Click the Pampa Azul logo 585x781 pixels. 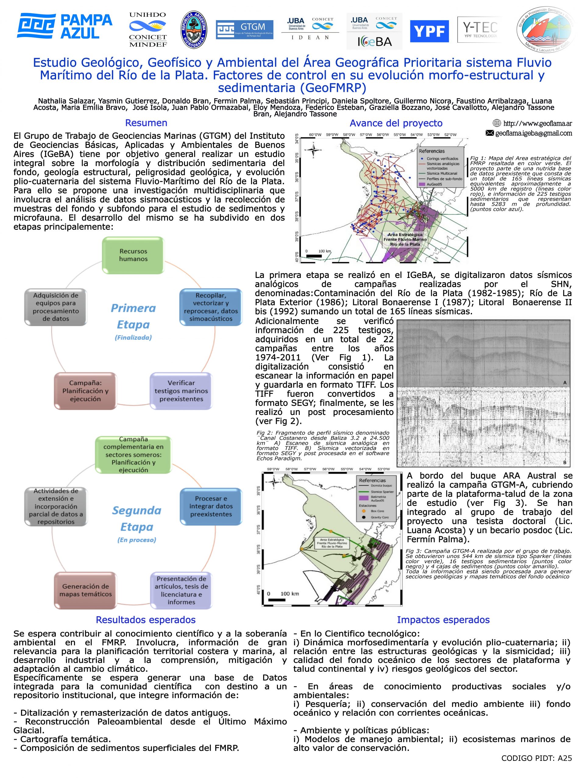coord(65,26)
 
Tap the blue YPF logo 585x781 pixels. coord(429,31)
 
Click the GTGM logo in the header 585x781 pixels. coord(244,30)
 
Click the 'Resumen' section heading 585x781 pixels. coord(146,123)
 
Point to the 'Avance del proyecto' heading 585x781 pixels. coord(396,123)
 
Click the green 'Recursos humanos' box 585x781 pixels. coord(133,255)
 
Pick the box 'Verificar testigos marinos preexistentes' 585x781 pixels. coord(181,391)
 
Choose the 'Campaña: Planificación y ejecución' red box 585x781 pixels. coord(85,391)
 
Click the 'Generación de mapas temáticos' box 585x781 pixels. coord(85,590)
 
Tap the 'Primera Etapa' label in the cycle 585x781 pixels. coord(133,316)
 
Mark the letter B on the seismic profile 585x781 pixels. coord(565,462)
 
